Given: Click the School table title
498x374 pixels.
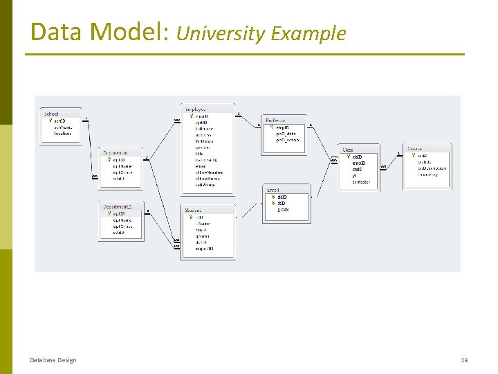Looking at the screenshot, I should point(52,114).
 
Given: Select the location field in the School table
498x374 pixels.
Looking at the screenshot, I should point(63,133).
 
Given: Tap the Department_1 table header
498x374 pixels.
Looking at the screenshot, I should point(118,206).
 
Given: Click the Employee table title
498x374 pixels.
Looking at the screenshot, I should point(194,109).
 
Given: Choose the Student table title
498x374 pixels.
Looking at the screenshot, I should point(194,210).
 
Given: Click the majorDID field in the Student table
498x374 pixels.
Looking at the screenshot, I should point(204,249).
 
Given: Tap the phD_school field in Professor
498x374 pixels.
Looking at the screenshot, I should point(288,140).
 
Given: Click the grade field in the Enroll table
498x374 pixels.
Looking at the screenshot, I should point(284,209).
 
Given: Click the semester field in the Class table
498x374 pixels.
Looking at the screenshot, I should point(362,182).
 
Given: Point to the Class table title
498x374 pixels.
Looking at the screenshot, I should point(348,150).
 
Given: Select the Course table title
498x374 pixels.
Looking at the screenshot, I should point(415,149).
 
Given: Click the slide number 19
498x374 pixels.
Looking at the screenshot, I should point(464,360).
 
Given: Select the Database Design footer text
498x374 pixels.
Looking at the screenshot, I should point(53,360).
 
